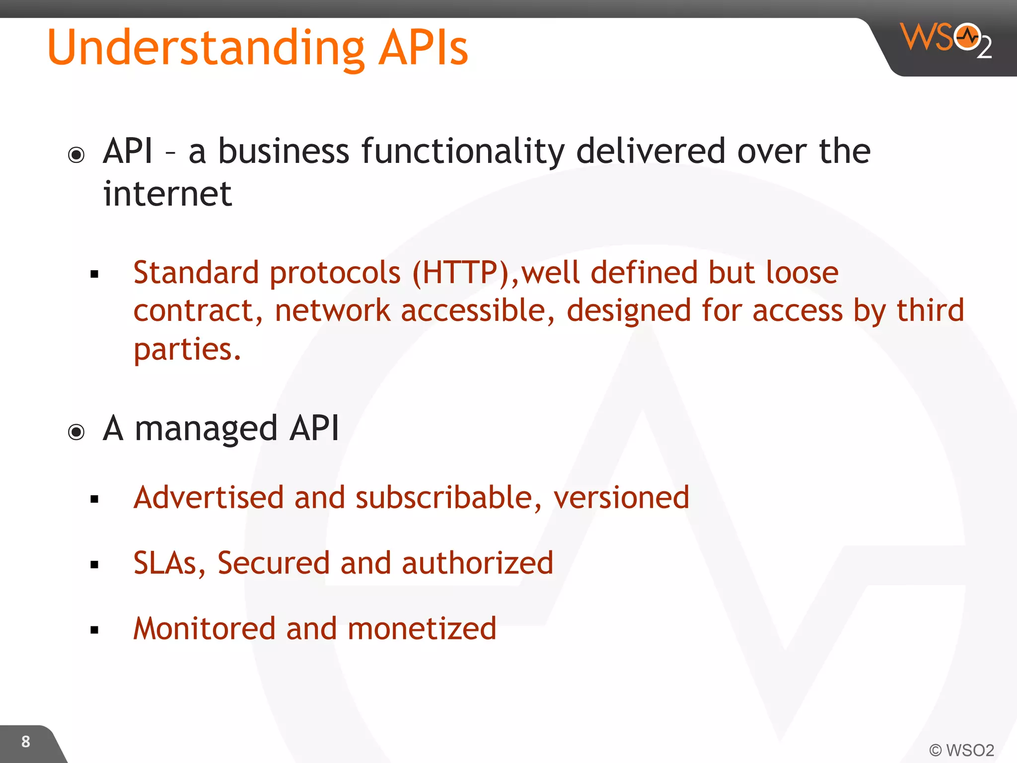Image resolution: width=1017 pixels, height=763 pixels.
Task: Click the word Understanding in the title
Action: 206,48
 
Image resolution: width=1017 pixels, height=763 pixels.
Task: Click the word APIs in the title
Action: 423,48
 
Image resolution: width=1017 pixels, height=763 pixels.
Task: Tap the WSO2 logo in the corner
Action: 945,40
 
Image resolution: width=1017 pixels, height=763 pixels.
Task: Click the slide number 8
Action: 26,742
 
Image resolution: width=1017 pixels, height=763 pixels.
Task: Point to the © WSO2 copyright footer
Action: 961,750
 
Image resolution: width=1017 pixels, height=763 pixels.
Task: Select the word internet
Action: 167,194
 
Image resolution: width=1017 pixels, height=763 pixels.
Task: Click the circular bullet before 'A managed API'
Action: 76,432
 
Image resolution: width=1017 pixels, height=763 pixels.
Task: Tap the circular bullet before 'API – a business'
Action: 76,155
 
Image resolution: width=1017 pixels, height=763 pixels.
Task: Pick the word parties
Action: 187,349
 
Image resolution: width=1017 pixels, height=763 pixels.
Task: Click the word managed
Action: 206,429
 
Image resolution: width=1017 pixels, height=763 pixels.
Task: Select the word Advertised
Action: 209,497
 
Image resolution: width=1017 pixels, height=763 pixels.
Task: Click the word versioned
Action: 621,497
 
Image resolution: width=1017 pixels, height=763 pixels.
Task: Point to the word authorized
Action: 477,563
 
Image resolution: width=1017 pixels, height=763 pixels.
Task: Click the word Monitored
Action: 204,628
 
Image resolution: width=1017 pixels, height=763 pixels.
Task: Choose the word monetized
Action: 422,628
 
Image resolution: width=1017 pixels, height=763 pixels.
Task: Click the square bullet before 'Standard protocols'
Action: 95,274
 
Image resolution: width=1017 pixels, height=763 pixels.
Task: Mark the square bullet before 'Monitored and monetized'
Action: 95,630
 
